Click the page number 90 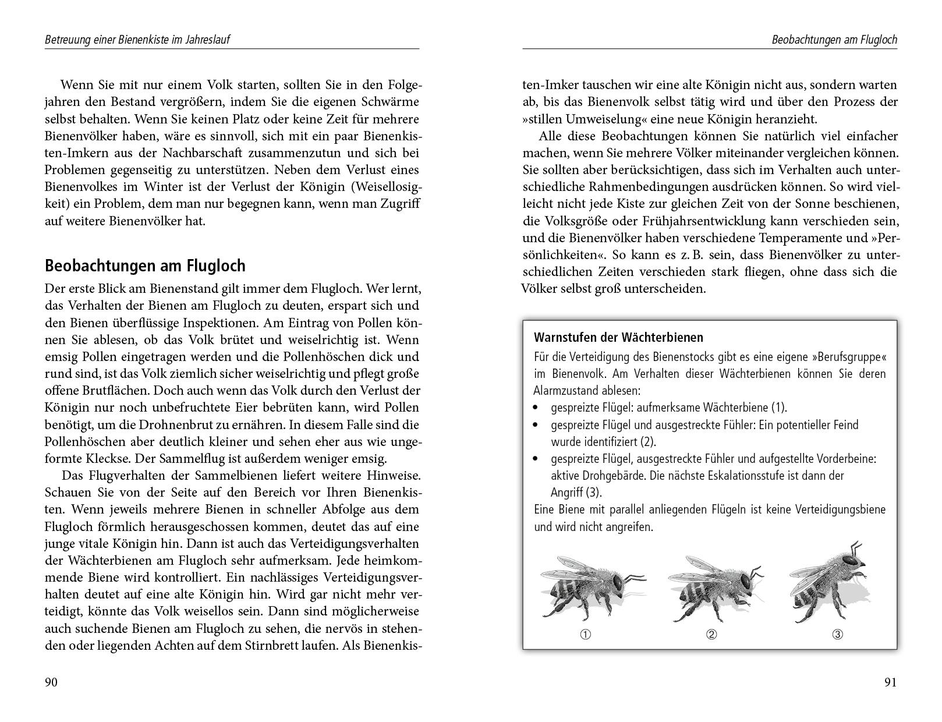pos(51,682)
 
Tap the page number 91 pos(890,682)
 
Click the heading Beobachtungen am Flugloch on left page pos(145,266)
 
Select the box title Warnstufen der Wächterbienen pos(618,338)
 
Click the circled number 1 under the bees pos(586,635)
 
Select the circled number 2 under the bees pos(711,635)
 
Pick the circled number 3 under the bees pos(837,635)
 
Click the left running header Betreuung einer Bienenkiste pos(141,40)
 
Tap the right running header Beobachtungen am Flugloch pos(834,40)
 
